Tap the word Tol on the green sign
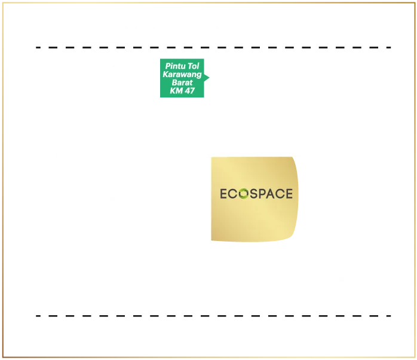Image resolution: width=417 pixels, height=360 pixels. pos(194,66)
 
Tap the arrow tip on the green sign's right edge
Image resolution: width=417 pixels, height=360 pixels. pos(207,77)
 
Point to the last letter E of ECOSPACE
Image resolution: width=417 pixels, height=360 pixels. pos(289,194)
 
